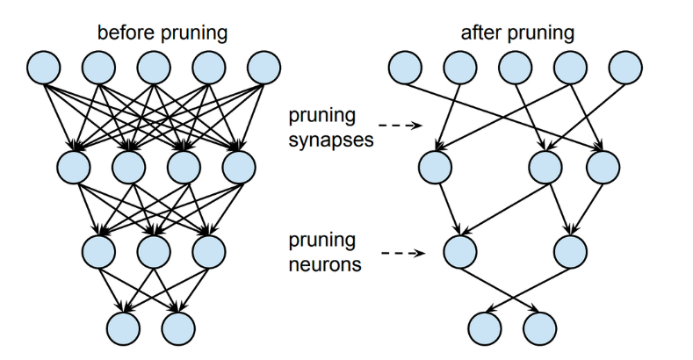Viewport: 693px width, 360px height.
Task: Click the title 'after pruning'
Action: [x=517, y=33]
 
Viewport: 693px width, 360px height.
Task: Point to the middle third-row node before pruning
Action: [x=154, y=251]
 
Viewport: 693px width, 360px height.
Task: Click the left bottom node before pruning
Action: [x=124, y=328]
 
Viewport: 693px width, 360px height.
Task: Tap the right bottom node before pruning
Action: [x=178, y=328]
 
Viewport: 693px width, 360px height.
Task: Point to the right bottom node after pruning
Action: [x=539, y=328]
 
